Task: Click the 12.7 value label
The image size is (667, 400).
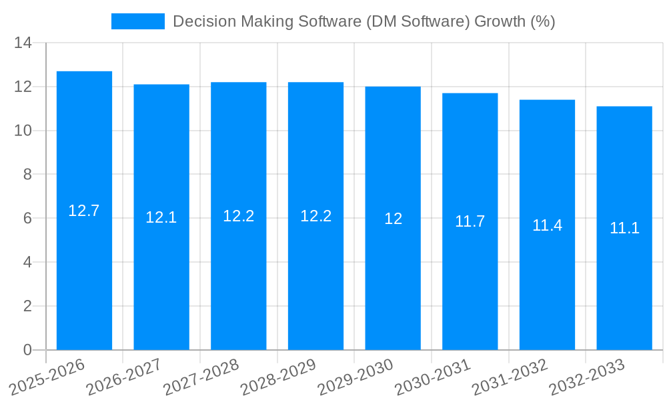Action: click(x=84, y=211)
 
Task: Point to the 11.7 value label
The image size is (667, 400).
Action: click(x=470, y=222)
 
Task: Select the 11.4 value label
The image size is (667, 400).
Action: click(x=547, y=225)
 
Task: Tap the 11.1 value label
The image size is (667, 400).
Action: click(x=624, y=228)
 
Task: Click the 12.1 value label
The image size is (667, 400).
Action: click(x=161, y=217)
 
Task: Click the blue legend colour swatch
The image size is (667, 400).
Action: click(x=137, y=21)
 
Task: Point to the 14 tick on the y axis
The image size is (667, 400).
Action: click(x=23, y=43)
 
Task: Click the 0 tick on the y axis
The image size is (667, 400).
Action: click(x=27, y=350)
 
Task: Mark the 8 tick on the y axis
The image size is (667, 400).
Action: click(x=27, y=175)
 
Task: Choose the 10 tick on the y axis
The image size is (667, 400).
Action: click(x=23, y=131)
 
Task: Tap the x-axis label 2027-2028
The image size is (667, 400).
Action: click(x=201, y=377)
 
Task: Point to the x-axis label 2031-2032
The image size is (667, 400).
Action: click(x=510, y=377)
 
